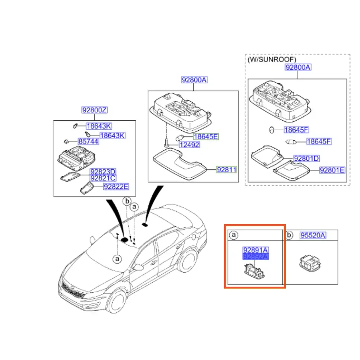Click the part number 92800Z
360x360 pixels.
click(x=94, y=110)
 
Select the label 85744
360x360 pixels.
click(x=88, y=141)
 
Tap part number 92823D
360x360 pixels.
click(x=103, y=172)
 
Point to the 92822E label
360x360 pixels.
click(x=116, y=187)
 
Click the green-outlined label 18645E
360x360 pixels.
click(x=206, y=137)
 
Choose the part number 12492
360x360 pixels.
click(x=189, y=145)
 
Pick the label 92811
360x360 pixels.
click(x=227, y=170)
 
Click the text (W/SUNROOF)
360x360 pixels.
click(x=272, y=60)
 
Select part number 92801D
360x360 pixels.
click(x=306, y=159)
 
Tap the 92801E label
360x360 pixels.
click(x=332, y=170)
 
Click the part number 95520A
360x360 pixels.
click(x=313, y=235)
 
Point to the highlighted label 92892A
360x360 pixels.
click(x=255, y=257)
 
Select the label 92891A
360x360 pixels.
click(x=255, y=250)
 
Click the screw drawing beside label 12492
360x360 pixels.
click(x=166, y=143)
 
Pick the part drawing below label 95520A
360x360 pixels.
click(x=310, y=264)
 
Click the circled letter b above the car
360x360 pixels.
click(x=127, y=201)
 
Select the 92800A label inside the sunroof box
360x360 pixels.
click(x=298, y=67)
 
